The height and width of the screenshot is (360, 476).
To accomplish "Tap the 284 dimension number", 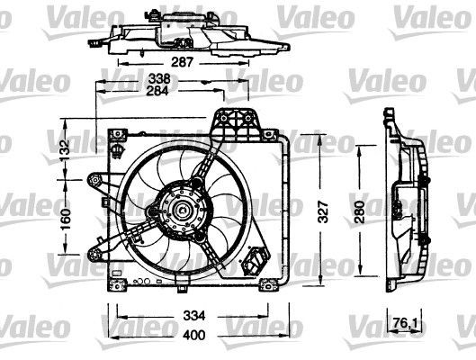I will [x=162, y=91].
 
